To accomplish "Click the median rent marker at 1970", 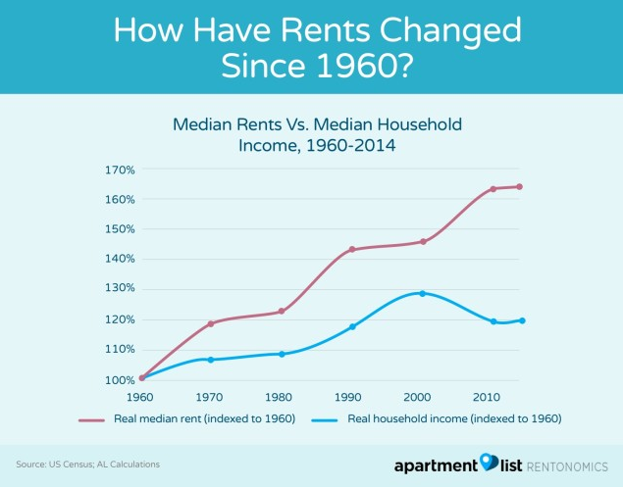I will (211, 323).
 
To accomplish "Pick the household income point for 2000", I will (423, 293).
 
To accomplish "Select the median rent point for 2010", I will (493, 189).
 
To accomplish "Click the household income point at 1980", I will (282, 354).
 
